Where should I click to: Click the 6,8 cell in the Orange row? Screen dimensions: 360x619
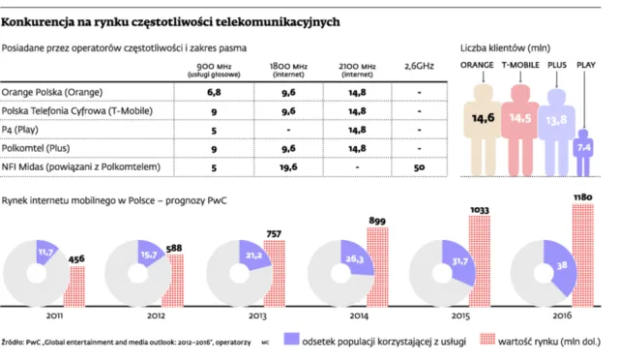214,93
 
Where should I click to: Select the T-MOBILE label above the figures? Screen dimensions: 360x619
519,65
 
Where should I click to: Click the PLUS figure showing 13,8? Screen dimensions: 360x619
555,124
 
